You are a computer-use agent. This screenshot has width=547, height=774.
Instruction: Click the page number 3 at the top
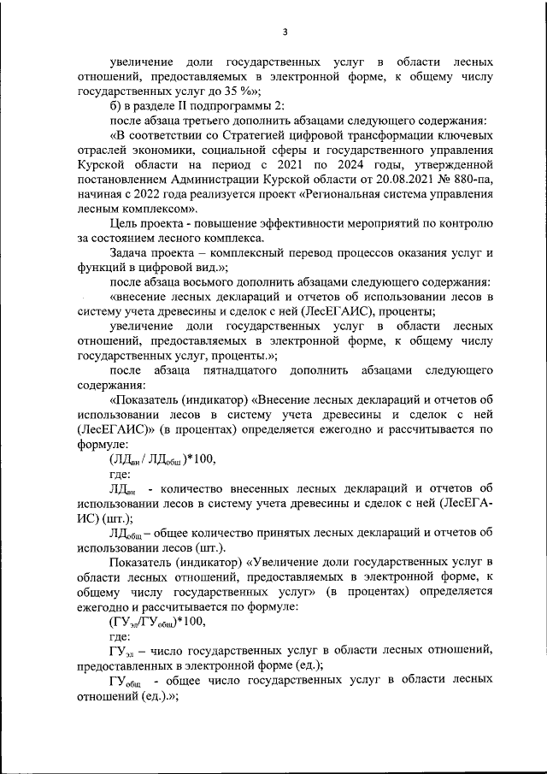coord(285,32)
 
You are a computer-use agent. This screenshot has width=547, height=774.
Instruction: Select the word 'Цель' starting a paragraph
coord(125,223)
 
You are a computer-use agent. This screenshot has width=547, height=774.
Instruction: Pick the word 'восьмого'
coord(235,282)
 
